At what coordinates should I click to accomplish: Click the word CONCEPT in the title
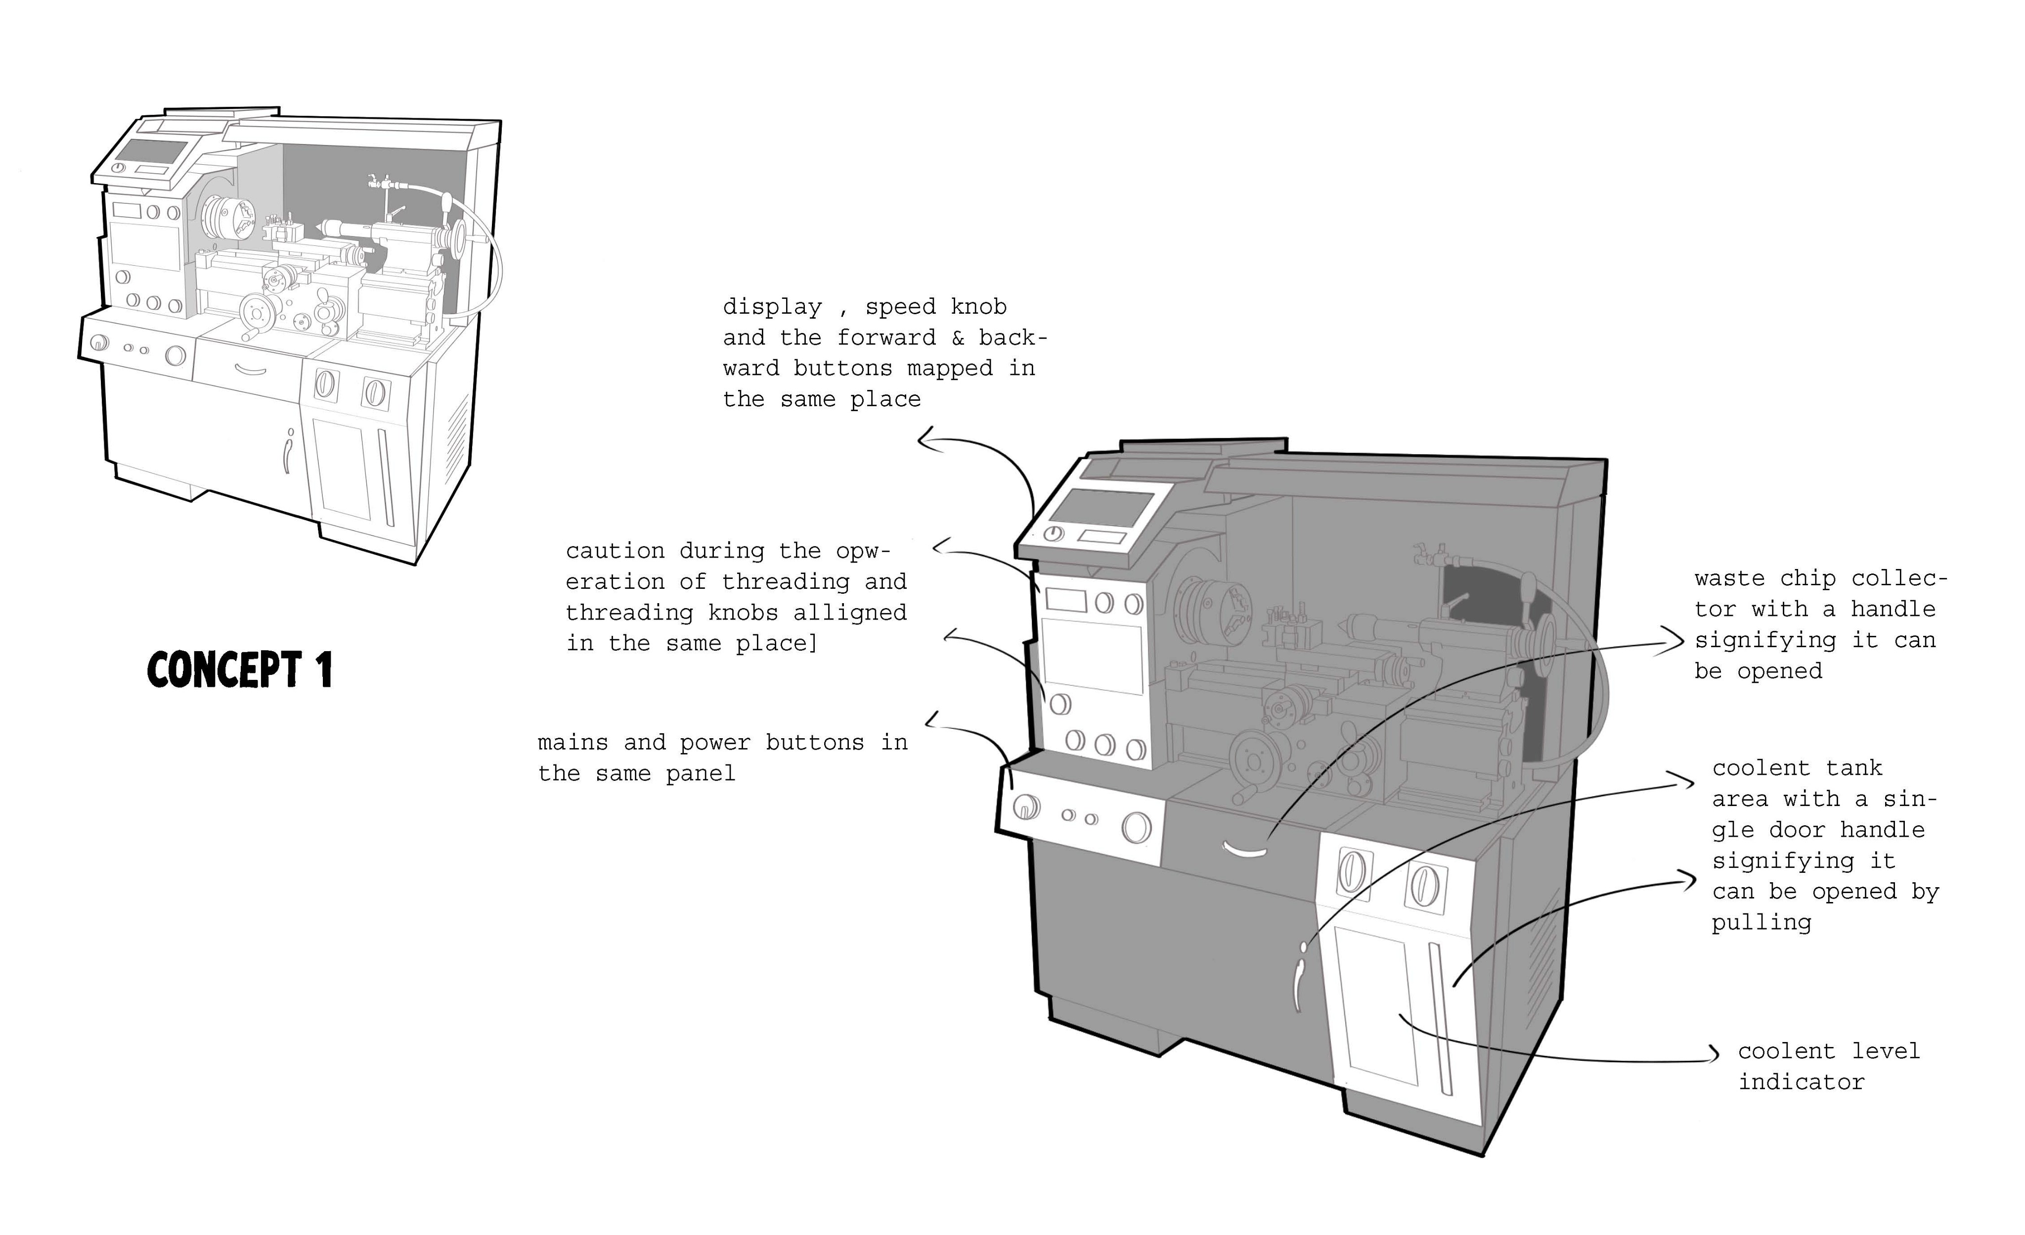point(223,669)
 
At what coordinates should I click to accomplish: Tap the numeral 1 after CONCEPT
point(325,669)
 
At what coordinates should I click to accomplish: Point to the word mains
point(573,743)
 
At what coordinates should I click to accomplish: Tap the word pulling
point(1761,923)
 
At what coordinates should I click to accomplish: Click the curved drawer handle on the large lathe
point(1247,850)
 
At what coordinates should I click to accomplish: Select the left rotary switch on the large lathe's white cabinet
point(1350,871)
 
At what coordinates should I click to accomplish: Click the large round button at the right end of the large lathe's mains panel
point(1137,828)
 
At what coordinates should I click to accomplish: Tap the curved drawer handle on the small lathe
point(251,370)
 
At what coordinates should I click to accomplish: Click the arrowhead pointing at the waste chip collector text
point(1676,641)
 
